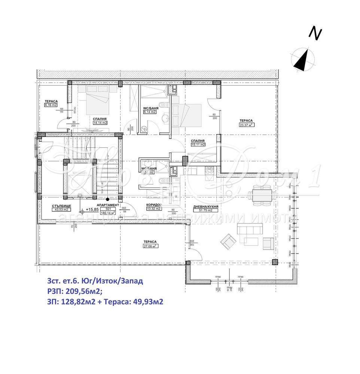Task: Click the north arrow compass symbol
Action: (x=303, y=59)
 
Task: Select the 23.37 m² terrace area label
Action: (x=246, y=125)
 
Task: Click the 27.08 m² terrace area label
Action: (x=149, y=246)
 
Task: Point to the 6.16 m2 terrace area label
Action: (x=51, y=105)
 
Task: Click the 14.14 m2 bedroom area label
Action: (x=100, y=122)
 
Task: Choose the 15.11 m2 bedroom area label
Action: (x=198, y=144)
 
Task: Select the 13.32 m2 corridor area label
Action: (x=153, y=209)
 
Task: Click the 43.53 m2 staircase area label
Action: (x=60, y=210)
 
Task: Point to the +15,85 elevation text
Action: (x=92, y=209)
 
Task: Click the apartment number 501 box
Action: (x=108, y=209)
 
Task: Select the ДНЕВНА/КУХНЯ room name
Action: (x=205, y=206)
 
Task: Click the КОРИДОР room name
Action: (x=153, y=205)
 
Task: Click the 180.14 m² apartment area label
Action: (x=108, y=213)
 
